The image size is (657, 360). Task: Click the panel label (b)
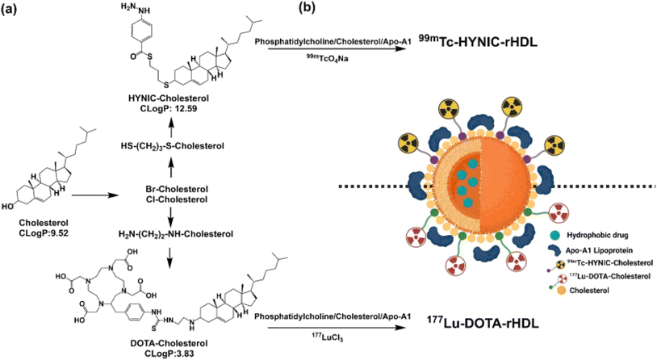click(307, 8)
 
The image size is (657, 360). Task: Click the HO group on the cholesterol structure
click(7, 207)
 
